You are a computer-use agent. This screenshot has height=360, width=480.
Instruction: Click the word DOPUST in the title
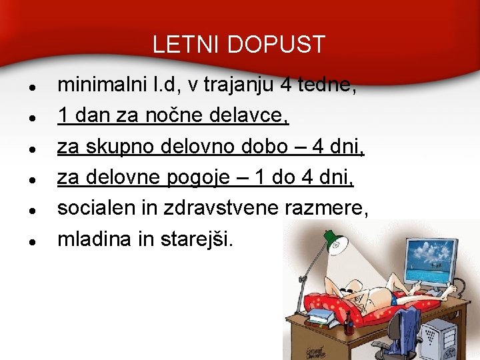coord(276,45)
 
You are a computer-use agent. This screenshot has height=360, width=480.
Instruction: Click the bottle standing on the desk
coord(347,323)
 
